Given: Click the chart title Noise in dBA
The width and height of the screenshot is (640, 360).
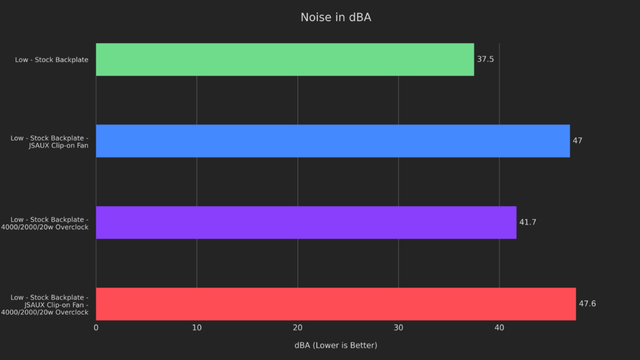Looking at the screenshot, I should coord(336,17).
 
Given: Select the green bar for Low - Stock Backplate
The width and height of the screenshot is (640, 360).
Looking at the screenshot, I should coord(284,59).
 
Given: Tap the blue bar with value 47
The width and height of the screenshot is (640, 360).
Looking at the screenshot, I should coord(332,141).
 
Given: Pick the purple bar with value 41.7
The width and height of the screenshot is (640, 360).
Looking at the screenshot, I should coord(306,222).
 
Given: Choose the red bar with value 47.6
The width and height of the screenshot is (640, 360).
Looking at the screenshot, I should coord(336,304).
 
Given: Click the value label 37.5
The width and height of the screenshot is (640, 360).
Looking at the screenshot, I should coord(486,59).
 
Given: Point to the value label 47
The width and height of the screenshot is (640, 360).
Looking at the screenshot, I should coord(577,141).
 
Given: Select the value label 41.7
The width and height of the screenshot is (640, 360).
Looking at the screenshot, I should coord(527,222).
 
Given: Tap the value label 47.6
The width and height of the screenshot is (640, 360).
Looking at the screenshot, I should coord(587,304).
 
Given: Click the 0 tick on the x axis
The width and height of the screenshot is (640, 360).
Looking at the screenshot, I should coord(96,328).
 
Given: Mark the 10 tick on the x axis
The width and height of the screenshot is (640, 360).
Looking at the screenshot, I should coord(197,328).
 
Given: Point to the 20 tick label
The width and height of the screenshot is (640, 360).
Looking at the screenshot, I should coord(297,328).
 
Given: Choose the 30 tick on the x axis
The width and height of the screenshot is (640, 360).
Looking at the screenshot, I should coord(398,328).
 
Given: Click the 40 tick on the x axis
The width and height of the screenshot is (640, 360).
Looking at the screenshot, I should coord(499,328).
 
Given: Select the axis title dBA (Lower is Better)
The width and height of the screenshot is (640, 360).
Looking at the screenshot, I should coord(336,345).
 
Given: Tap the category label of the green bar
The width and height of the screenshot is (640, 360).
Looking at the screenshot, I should coord(52,60).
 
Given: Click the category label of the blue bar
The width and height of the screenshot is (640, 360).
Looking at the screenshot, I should coord(49,141).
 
